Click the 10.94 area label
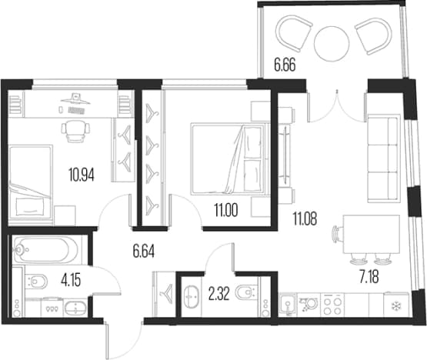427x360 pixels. (82, 175)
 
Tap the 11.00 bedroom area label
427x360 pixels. (226, 210)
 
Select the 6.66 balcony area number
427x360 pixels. (285, 65)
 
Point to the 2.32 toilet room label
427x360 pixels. (219, 294)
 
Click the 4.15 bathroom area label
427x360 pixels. (71, 280)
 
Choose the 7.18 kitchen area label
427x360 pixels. (369, 278)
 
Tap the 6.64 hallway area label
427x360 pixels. (144, 252)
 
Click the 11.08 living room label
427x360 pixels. (305, 218)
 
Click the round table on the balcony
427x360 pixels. (332, 44)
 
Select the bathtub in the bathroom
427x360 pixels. (45, 249)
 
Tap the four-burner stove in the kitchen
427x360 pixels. (332, 305)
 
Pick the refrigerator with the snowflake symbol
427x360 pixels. (396, 305)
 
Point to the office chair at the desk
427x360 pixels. (75, 131)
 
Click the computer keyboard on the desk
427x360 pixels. (76, 110)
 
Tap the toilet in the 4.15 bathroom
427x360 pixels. (37, 282)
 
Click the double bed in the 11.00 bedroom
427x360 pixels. (229, 158)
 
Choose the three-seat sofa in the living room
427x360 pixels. (384, 158)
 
